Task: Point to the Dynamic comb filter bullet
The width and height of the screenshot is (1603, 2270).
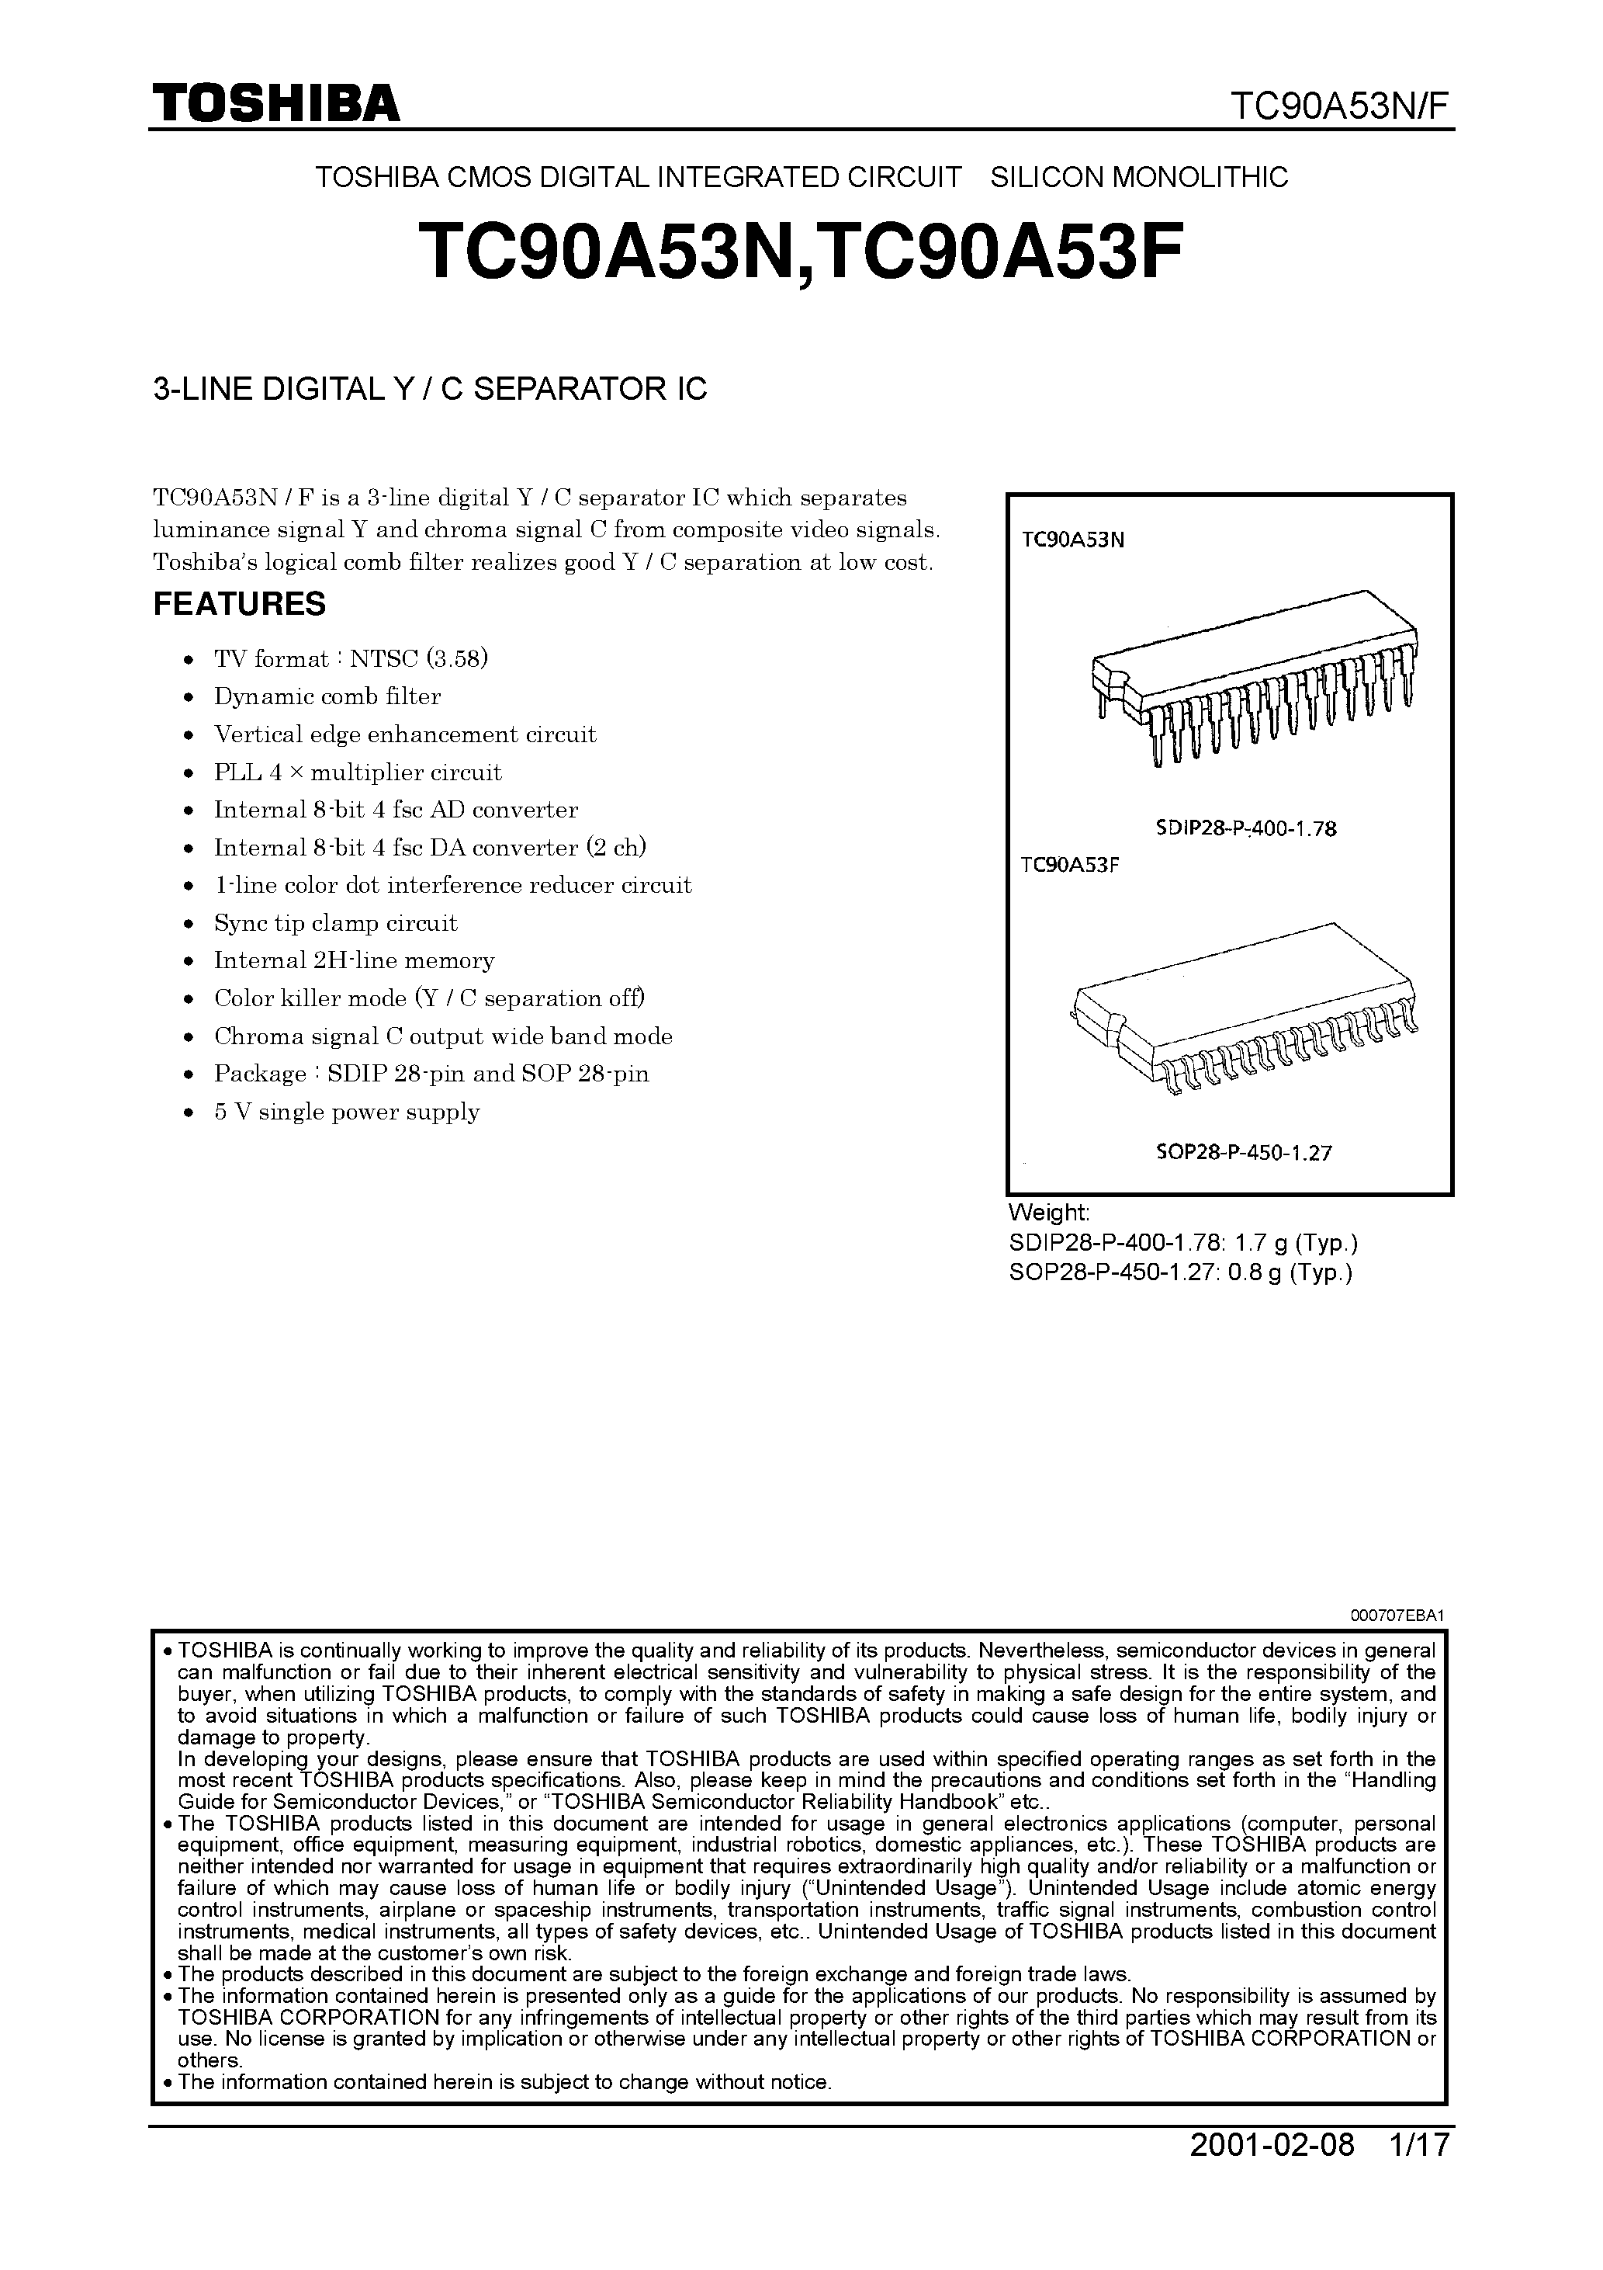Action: (x=327, y=697)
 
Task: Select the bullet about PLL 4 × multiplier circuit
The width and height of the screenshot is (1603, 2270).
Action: (x=358, y=772)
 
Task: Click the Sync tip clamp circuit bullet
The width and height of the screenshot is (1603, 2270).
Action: (x=336, y=923)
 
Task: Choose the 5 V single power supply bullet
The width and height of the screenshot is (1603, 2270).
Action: (x=347, y=1112)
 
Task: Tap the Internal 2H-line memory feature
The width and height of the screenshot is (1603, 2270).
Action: (x=354, y=961)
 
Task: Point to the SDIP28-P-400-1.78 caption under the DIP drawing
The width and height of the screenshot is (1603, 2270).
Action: (x=1245, y=829)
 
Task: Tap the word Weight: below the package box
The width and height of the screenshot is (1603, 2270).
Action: (x=1048, y=1213)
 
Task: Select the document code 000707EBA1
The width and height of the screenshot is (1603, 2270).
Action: (x=1397, y=1616)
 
